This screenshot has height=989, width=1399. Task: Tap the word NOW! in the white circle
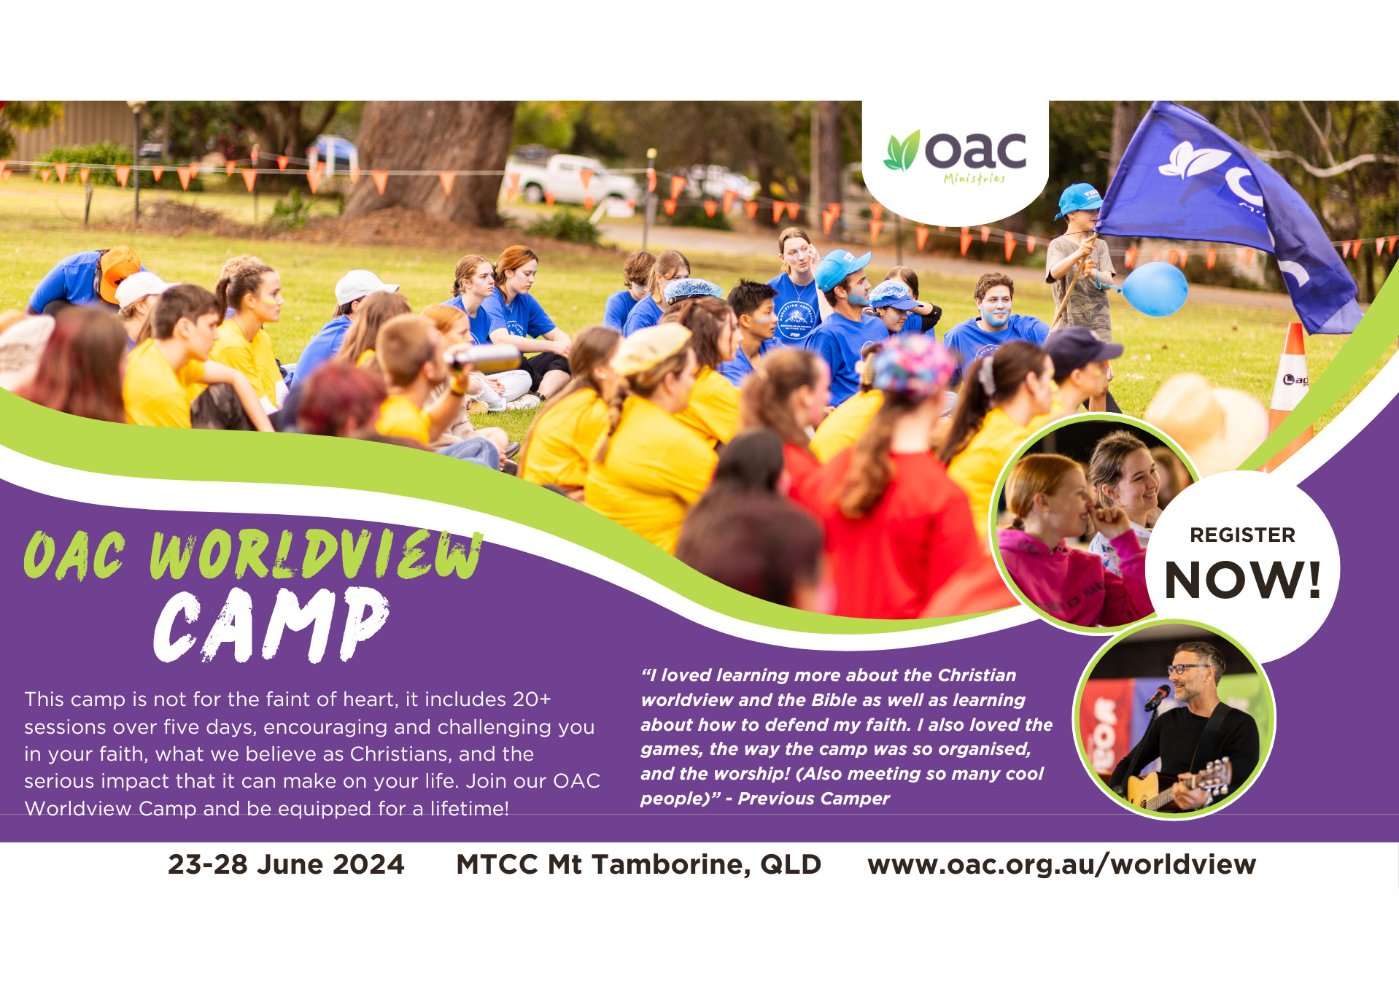coord(1243,581)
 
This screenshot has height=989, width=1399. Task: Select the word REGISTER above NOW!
coord(1242,535)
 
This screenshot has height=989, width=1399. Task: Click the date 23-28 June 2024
coord(286,864)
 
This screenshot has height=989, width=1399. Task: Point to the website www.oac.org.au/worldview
coord(1061,865)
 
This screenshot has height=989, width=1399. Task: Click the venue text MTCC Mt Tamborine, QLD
coord(638,865)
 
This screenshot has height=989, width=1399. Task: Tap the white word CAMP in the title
coord(271,625)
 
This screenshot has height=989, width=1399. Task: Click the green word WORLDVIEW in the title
coord(316,555)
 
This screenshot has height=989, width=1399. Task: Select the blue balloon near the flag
coord(1154,289)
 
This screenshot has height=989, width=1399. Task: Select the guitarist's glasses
coord(1187,668)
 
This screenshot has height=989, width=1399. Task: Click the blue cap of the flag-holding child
coord(1079,199)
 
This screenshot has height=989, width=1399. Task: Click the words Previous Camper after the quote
coord(813,799)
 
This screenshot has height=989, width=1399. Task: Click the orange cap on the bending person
coord(119,271)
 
